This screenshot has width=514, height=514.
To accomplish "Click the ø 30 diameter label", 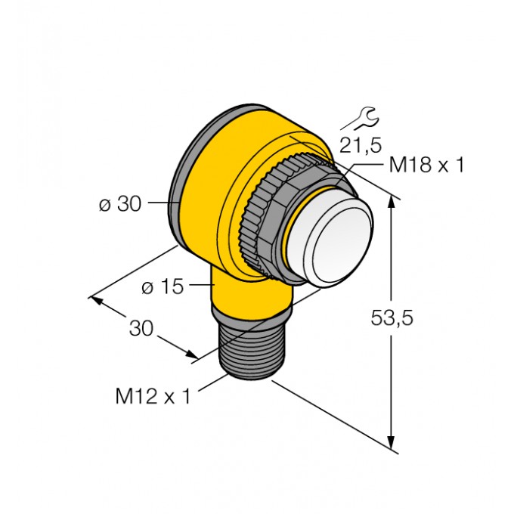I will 122,203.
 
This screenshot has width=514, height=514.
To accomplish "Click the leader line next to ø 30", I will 160,203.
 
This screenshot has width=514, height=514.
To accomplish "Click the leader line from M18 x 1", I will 359,166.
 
